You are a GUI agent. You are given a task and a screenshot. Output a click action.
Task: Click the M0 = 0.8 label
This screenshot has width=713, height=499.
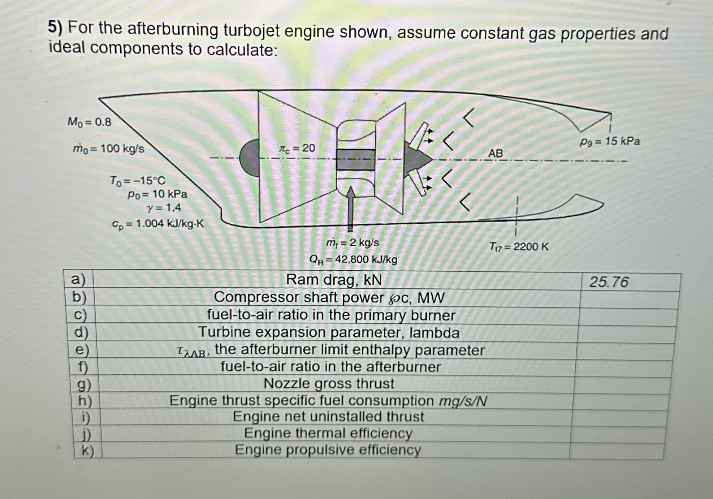(x=89, y=122)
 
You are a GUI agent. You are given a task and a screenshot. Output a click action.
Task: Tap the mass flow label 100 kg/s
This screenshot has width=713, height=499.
(x=109, y=149)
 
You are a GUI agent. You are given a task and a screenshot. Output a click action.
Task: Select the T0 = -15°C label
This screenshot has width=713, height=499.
(x=138, y=180)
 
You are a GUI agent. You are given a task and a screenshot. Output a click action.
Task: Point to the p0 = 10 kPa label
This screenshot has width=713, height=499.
(x=157, y=194)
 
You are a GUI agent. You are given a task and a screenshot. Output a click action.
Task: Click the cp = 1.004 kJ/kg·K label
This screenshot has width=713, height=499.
(x=158, y=224)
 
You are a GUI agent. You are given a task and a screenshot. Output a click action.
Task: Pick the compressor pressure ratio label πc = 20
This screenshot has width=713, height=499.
(x=297, y=148)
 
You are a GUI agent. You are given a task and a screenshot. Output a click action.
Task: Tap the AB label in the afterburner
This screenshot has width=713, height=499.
(x=495, y=154)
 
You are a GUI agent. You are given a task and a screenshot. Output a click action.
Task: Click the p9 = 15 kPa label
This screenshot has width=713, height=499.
(x=610, y=141)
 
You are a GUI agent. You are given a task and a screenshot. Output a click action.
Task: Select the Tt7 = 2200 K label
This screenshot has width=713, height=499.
(x=519, y=247)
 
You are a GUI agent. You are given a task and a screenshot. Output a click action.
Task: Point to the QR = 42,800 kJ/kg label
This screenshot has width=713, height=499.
(x=353, y=259)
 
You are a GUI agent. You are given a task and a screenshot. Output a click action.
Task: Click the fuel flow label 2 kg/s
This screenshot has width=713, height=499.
(x=353, y=242)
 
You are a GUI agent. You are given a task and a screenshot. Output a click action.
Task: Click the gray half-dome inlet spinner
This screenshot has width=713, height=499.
(x=250, y=158)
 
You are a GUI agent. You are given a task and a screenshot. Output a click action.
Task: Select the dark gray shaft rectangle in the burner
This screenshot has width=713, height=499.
(x=355, y=159)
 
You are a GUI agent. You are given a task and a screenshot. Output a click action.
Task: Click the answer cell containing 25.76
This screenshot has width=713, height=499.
(x=609, y=282)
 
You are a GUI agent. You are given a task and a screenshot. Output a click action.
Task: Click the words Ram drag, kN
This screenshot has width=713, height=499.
(x=334, y=280)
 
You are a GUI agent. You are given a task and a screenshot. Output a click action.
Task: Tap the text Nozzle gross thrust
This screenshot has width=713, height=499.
(x=329, y=383)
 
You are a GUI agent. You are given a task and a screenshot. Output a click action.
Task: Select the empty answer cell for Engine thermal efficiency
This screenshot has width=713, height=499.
(x=619, y=434)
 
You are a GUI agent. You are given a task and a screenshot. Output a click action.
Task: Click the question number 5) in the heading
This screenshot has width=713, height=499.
(x=55, y=27)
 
